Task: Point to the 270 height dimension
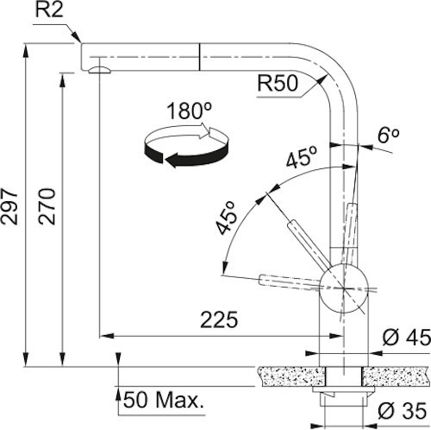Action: (x=47, y=208)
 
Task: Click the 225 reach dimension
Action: (x=219, y=319)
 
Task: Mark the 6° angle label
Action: (x=388, y=136)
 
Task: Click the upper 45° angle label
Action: (x=301, y=159)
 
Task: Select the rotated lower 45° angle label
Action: (x=227, y=218)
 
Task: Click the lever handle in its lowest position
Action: (x=289, y=279)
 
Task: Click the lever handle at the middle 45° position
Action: (x=303, y=242)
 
